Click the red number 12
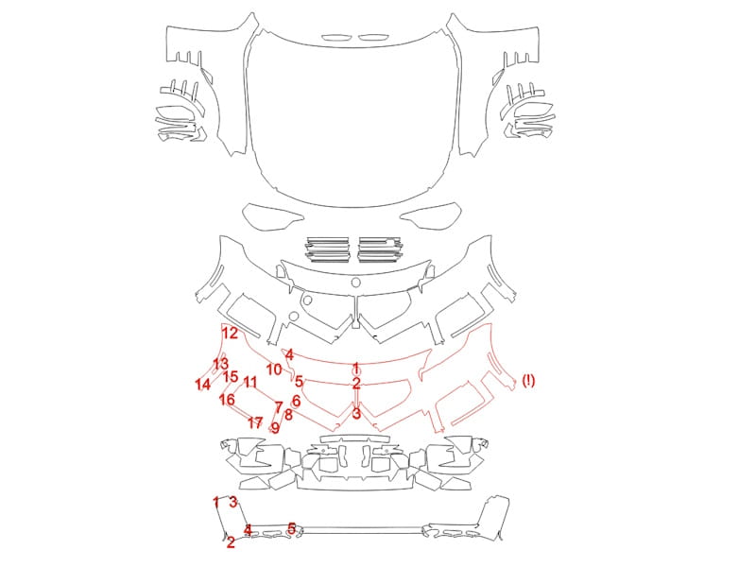pos(230,333)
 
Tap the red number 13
pos(220,364)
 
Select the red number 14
pos(203,385)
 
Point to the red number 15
pos(231,376)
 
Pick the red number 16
pos(227,399)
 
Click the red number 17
pos(255,422)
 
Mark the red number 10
pos(274,369)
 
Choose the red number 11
pos(250,383)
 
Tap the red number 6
pos(296,401)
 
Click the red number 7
pos(278,407)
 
